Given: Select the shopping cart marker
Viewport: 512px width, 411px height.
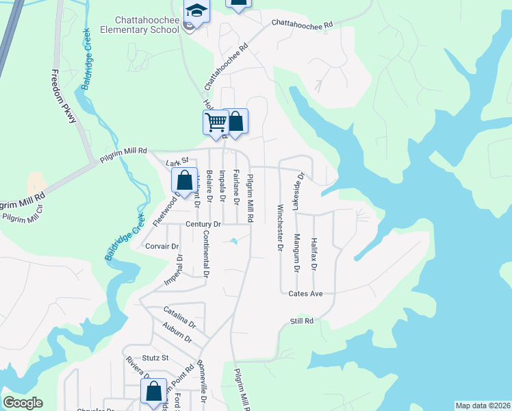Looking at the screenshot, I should tap(216, 123).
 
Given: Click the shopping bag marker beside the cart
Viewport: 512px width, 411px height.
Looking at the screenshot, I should tap(236, 121).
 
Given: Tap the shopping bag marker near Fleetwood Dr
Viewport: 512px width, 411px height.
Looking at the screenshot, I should tap(184, 182).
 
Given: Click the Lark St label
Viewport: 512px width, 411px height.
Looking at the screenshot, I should tap(177, 163).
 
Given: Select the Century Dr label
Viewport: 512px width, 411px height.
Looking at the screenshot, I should tap(203, 224).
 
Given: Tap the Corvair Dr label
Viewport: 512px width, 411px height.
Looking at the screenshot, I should tap(162, 246).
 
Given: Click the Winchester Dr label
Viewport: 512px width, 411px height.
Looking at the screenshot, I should tap(280, 227).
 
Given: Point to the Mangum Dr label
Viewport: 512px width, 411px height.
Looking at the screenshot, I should tap(296, 253).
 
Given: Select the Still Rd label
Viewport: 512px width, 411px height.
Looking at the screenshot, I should tap(301, 321).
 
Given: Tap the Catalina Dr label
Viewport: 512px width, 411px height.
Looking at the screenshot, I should tap(179, 317).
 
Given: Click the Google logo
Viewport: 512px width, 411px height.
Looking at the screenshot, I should tap(23, 403).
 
